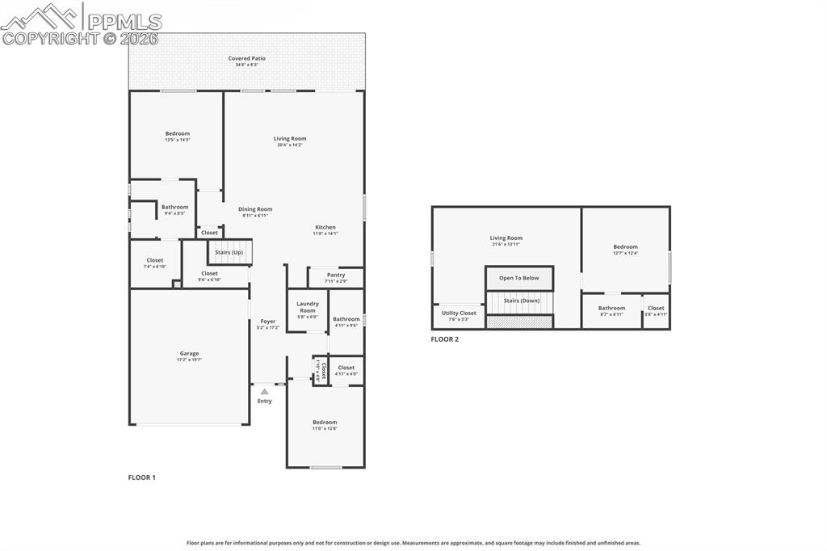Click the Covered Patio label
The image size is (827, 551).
[x=246, y=58]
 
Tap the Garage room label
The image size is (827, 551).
[x=189, y=353]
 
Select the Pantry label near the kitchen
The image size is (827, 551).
[x=336, y=275]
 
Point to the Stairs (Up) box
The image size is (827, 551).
[x=229, y=252]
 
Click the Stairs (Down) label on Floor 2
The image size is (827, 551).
[x=521, y=301]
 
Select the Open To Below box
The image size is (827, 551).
[x=518, y=278]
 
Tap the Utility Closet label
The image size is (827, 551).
[x=459, y=313]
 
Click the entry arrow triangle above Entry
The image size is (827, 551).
[x=264, y=391]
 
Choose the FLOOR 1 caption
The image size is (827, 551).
[x=141, y=477]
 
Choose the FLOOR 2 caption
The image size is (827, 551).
[x=444, y=339]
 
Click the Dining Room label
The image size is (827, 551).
[x=255, y=209]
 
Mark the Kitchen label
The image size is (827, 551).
[x=325, y=227]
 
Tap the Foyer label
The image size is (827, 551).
[x=267, y=322]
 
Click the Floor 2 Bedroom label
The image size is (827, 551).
[x=625, y=247]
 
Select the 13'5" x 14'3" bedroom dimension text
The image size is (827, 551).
[x=178, y=140]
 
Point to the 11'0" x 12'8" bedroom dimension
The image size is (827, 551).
[x=325, y=428]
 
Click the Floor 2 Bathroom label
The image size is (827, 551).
[x=611, y=308]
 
